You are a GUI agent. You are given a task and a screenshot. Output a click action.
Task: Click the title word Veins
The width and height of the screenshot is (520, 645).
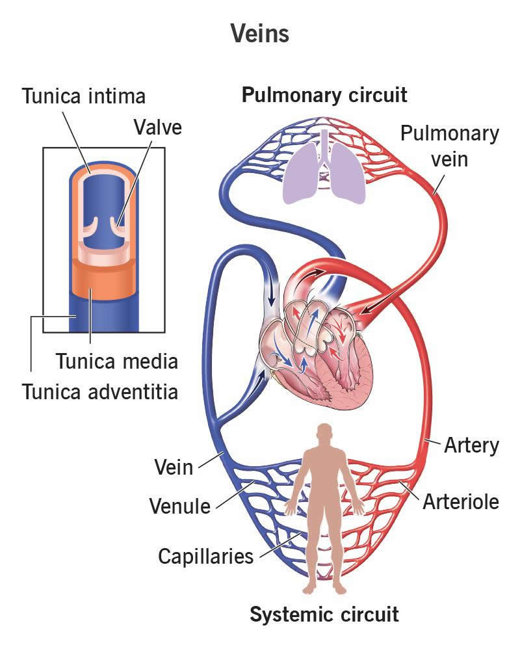pos(260,34)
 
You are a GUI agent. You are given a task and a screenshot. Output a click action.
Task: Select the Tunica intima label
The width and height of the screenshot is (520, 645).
pos(84,96)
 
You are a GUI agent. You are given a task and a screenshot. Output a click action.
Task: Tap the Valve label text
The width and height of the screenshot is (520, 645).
pos(157,127)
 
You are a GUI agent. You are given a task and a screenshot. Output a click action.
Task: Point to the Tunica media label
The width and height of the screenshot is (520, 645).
pos(116,360)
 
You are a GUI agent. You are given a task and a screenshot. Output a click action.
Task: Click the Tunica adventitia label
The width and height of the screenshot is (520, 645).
pos(100,391)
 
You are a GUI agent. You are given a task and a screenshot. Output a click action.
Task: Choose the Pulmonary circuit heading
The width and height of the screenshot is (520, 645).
pos(324,96)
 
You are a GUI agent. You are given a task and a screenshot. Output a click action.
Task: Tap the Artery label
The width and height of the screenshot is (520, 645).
pos(471,446)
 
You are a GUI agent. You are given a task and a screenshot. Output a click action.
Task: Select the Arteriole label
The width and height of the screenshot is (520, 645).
pos(460,502)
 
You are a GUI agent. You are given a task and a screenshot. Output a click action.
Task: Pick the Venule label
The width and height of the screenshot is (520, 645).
pos(180,505)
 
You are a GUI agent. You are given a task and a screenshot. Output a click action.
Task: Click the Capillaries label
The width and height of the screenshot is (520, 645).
pos(205,557)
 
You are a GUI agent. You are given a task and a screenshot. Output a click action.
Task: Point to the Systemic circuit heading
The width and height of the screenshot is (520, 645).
pos(324,614)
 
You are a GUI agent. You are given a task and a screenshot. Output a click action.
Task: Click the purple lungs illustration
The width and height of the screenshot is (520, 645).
pos(324,173)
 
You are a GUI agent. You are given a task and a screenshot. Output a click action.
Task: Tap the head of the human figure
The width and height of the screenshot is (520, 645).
pos(324,434)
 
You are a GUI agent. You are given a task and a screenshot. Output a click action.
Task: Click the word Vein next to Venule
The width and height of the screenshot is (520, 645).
pos(174,466)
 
